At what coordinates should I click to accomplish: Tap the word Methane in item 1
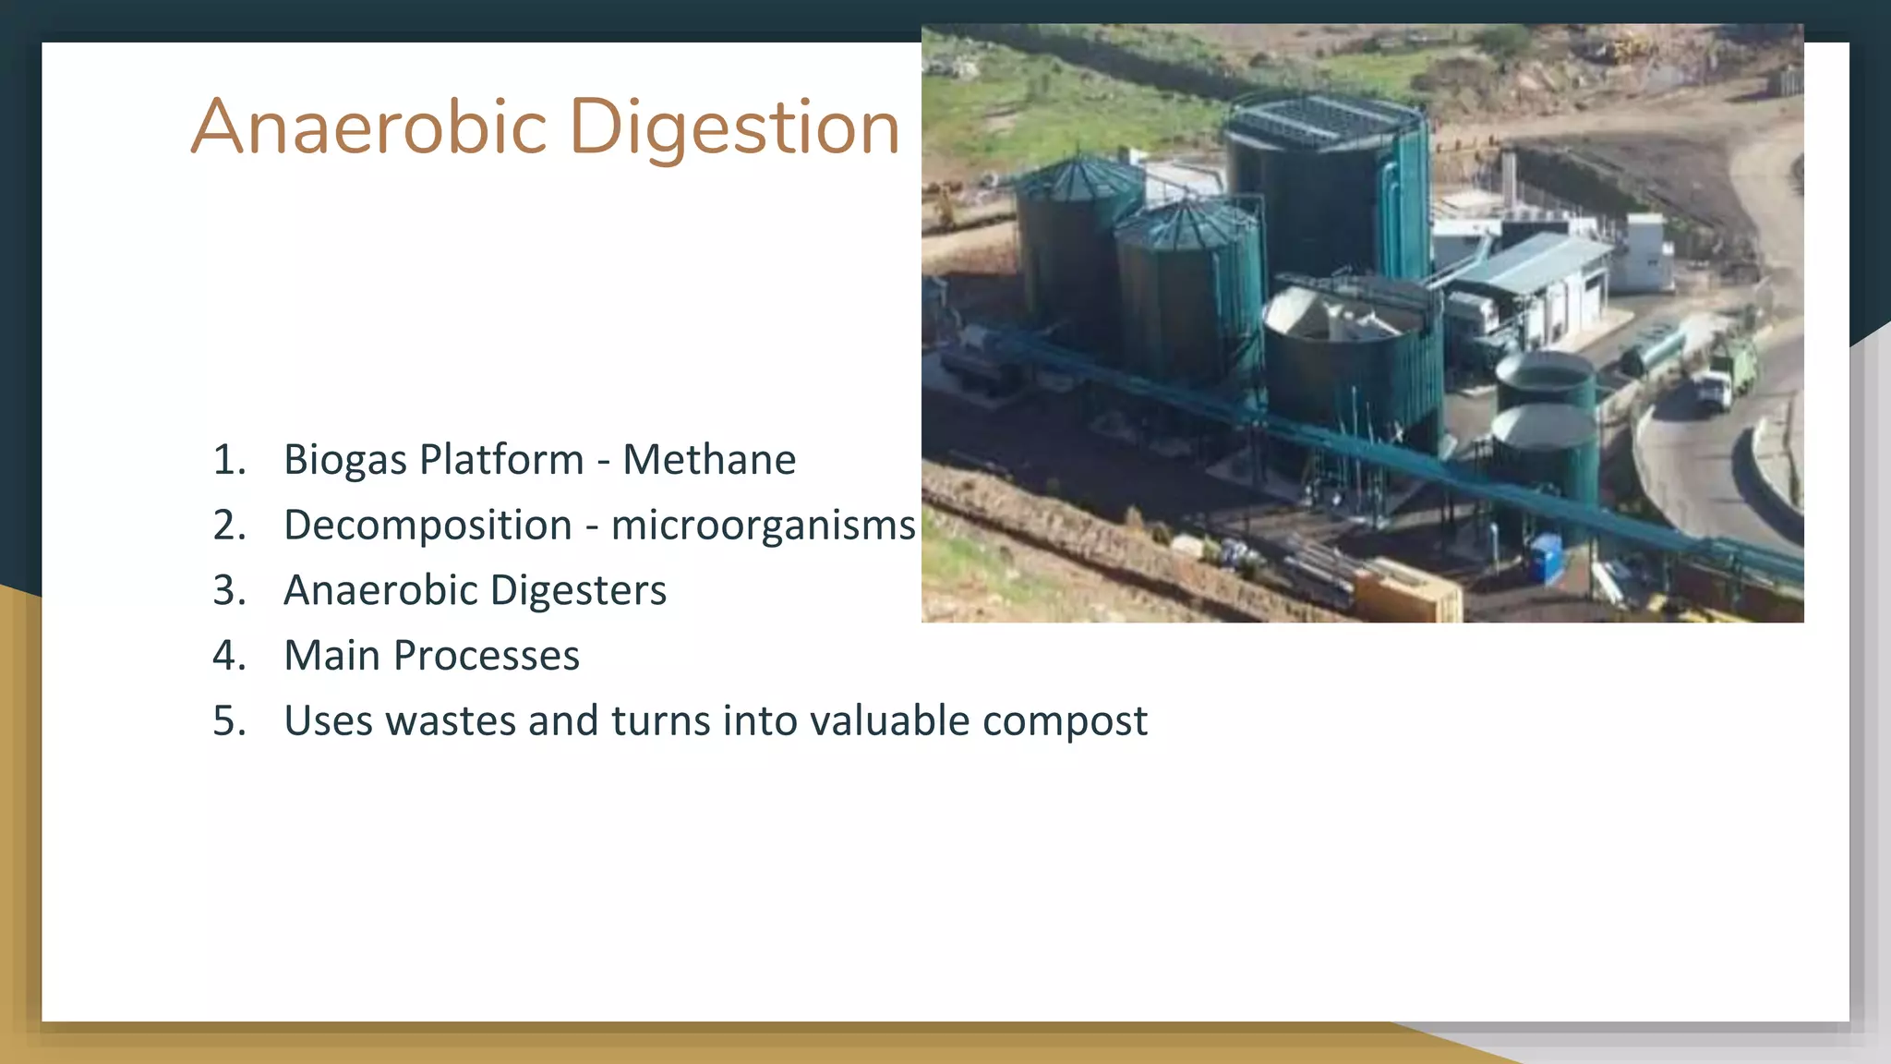tap(708, 460)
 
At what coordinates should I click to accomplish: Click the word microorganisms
tap(763, 526)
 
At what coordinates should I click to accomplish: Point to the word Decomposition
tap(428, 526)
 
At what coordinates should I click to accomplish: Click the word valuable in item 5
tap(889, 721)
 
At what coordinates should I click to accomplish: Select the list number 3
tap(229, 591)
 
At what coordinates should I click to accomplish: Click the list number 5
tap(229, 721)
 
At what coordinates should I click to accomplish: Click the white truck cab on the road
tap(1714, 388)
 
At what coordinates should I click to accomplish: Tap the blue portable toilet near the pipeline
tap(1548, 557)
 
